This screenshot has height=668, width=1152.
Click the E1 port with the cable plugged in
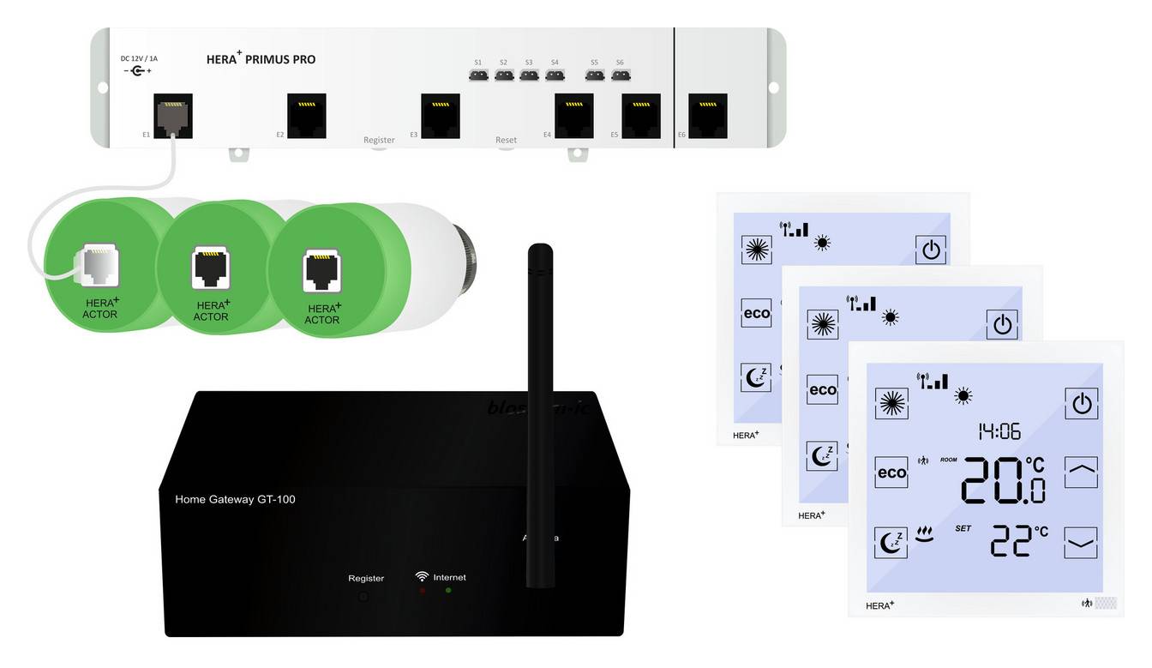(x=172, y=115)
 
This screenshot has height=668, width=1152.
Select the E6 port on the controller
(x=707, y=115)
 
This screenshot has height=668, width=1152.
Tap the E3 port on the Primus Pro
(x=440, y=115)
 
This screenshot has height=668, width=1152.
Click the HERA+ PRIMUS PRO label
(x=261, y=59)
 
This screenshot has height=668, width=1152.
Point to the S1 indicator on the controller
(x=478, y=75)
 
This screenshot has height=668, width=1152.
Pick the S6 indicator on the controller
(x=621, y=75)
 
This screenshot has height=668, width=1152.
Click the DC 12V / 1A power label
(x=139, y=58)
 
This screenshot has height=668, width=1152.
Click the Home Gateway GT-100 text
(x=235, y=499)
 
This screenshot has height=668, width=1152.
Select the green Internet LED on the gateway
(x=448, y=591)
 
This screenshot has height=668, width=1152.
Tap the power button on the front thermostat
(x=1082, y=403)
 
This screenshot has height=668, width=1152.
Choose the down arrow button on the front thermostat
(x=1082, y=542)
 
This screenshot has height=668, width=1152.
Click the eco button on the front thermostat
(x=891, y=472)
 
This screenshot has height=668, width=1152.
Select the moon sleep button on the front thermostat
(x=891, y=543)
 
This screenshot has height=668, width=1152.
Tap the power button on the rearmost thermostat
(x=930, y=250)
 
